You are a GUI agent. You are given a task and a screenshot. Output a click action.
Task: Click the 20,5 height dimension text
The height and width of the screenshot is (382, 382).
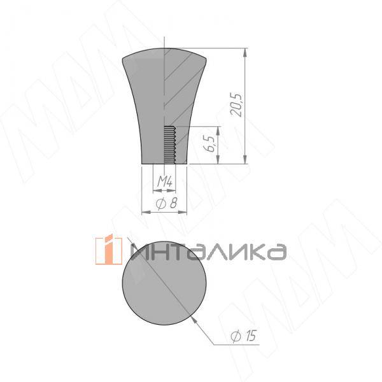(x=237, y=104)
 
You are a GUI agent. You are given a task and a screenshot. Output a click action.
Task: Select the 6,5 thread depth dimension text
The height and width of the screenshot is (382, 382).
(x=209, y=145)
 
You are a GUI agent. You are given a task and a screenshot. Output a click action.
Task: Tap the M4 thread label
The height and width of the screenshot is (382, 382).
(x=165, y=183)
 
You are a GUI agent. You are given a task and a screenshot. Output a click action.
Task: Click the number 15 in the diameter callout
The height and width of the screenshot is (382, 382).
(x=250, y=336)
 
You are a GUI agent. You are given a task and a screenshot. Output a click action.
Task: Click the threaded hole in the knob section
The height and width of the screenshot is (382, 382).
(x=170, y=146)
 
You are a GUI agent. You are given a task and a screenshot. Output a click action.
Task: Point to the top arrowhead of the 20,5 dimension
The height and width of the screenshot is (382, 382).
(x=246, y=52)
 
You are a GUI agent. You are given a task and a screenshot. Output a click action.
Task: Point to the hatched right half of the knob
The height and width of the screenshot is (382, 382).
(x=180, y=95)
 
